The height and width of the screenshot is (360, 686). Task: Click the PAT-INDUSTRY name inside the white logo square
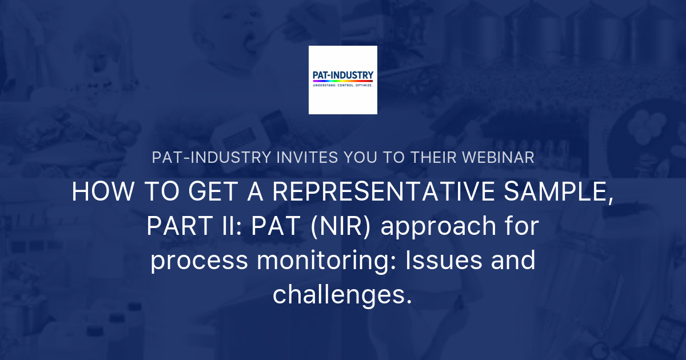pyautogui.click(x=343, y=75)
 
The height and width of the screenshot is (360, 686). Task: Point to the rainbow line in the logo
pyautogui.click(x=343, y=81)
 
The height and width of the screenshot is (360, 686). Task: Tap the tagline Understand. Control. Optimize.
pyautogui.click(x=343, y=85)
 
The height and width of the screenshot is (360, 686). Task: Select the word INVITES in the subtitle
pyautogui.click(x=276, y=158)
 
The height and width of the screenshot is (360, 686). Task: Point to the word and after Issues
pyautogui.click(x=515, y=261)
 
